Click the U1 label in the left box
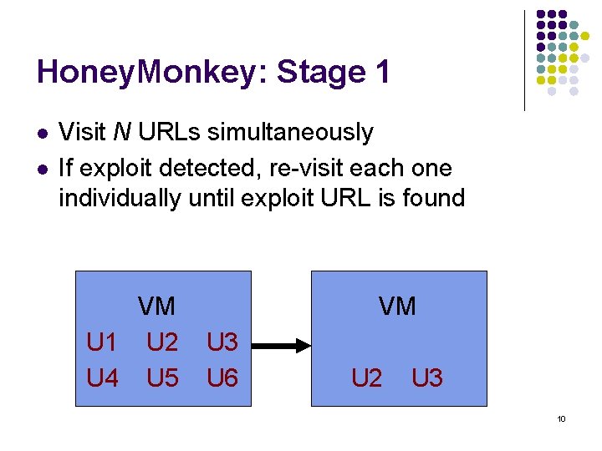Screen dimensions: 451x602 coord(102,342)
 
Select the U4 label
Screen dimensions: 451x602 coord(102,378)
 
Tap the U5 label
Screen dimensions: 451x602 coord(162,378)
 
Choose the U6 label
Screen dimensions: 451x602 coord(222,378)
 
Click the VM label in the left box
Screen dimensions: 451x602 coord(156,307)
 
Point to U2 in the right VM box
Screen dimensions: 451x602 coord(366,378)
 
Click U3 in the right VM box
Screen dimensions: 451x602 coord(426,378)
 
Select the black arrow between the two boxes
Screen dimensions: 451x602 coord(281,343)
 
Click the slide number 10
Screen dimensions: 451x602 coord(561,418)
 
